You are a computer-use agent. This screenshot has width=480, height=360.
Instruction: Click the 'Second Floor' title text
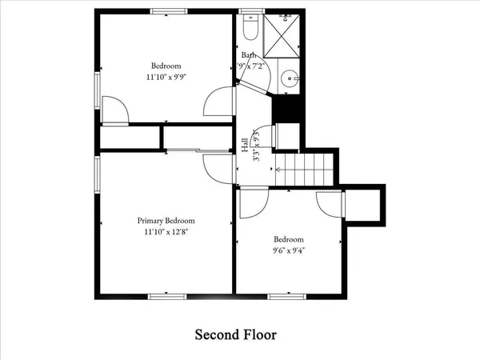pos(236,333)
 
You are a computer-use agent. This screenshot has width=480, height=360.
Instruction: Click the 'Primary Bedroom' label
pos(166,221)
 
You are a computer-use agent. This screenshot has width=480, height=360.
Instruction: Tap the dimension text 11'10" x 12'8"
pos(166,232)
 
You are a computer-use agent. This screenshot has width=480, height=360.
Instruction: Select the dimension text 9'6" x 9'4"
pos(289,250)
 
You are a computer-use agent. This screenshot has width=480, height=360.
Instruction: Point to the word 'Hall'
pos(244,146)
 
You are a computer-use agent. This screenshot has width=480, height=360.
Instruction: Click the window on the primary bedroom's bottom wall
pos(163,297)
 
